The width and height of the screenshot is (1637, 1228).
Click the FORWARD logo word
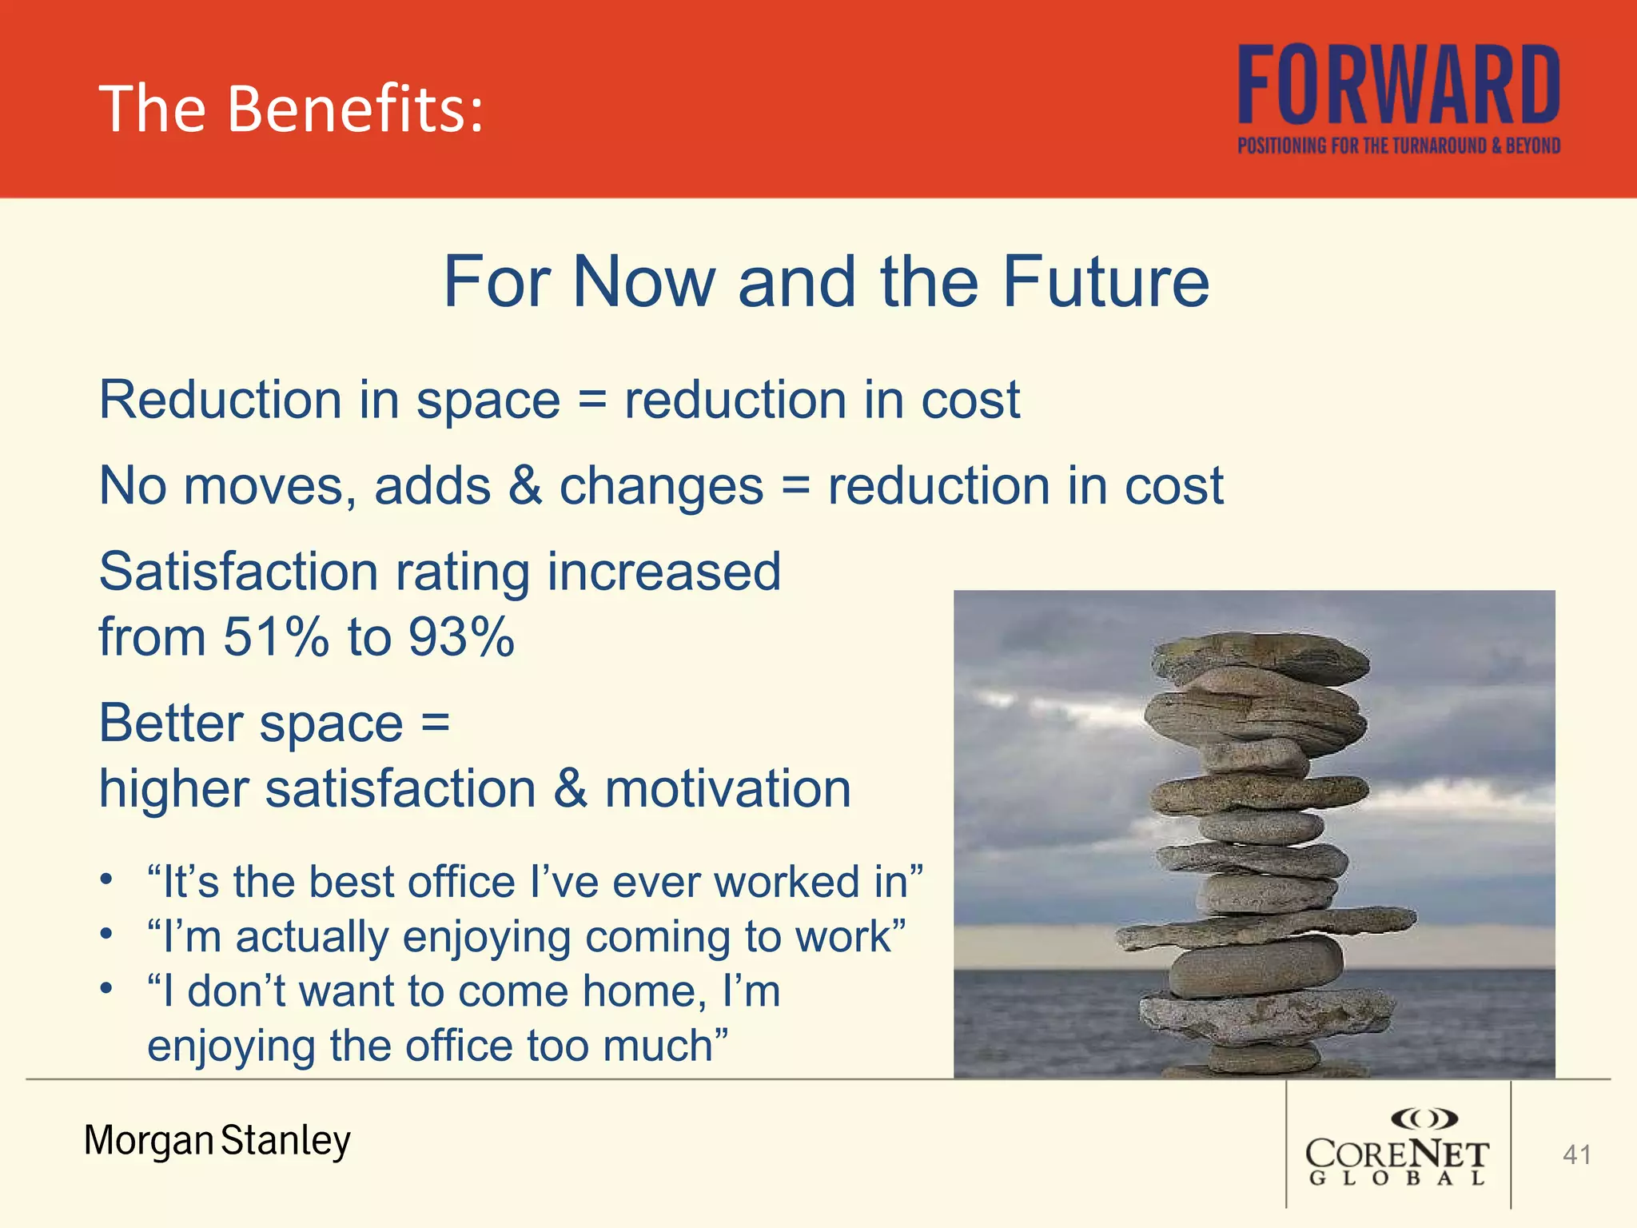pyautogui.click(x=1399, y=85)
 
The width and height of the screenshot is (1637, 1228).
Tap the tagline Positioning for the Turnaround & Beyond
pyautogui.click(x=1399, y=146)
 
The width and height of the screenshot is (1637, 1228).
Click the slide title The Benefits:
pyautogui.click(x=291, y=109)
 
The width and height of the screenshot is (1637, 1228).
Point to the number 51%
pyautogui.click(x=275, y=637)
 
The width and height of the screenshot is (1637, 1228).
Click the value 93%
pyautogui.click(x=460, y=637)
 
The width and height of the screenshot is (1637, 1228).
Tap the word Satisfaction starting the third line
pyautogui.click(x=238, y=572)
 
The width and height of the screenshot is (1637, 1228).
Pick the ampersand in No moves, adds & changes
pyautogui.click(x=525, y=485)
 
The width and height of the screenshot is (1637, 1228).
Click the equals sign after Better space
pyautogui.click(x=436, y=722)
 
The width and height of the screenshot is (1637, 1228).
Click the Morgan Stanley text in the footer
pyautogui.click(x=217, y=1140)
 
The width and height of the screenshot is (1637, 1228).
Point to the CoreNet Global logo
pyautogui.click(x=1397, y=1146)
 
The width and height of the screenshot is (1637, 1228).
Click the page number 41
pyautogui.click(x=1576, y=1154)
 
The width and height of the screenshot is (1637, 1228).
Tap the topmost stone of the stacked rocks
pyautogui.click(x=1259, y=656)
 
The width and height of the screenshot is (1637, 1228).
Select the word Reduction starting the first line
pyautogui.click(x=221, y=399)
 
